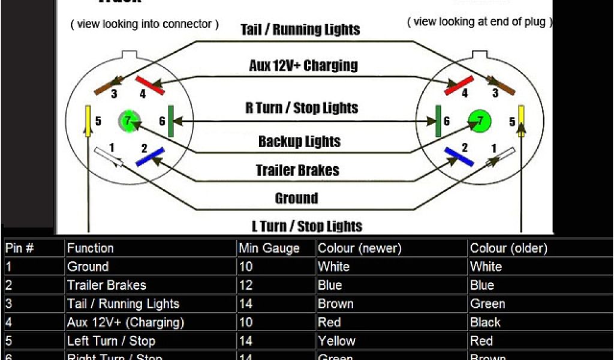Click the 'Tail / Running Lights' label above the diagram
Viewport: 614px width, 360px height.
pos(300,29)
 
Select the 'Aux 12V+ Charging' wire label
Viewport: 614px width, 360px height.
pos(303,65)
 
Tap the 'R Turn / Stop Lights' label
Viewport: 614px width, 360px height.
pos(302,109)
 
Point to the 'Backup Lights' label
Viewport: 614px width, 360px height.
pos(299,142)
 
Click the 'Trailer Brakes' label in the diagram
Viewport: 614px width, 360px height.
pos(297,170)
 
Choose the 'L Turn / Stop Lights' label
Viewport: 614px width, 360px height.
pos(306,226)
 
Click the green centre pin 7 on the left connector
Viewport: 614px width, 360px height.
pos(127,120)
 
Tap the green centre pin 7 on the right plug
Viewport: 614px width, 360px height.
pos(479,120)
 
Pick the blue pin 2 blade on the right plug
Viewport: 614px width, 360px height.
pos(458,157)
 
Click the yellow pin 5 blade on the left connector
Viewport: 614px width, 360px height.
pos(88,121)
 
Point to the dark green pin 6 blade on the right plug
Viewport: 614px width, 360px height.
pos(438,120)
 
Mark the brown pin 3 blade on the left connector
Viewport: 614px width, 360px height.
pos(108,86)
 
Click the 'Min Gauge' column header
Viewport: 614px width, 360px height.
pos(269,248)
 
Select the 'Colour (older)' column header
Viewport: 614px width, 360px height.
pos(508,248)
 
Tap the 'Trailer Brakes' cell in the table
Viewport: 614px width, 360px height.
pos(107,286)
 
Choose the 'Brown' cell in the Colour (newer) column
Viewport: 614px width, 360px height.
pos(336,304)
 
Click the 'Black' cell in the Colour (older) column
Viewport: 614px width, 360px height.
pos(485,323)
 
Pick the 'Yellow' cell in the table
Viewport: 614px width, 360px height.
pos(336,341)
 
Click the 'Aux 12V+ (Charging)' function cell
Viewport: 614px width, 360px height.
pos(125,323)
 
